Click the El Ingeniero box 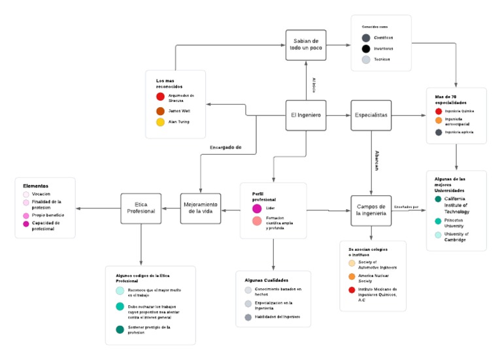coord(307,116)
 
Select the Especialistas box coord(371,115)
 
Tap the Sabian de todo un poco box coord(306,45)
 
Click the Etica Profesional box coord(141,208)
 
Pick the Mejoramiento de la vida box coord(200,208)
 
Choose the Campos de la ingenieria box coord(371,210)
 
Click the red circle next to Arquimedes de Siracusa coord(159,97)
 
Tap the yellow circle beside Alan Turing coord(159,122)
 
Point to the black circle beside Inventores coord(365,48)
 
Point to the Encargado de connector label coord(226,148)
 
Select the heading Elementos coord(36,186)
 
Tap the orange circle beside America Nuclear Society coord(352,276)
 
